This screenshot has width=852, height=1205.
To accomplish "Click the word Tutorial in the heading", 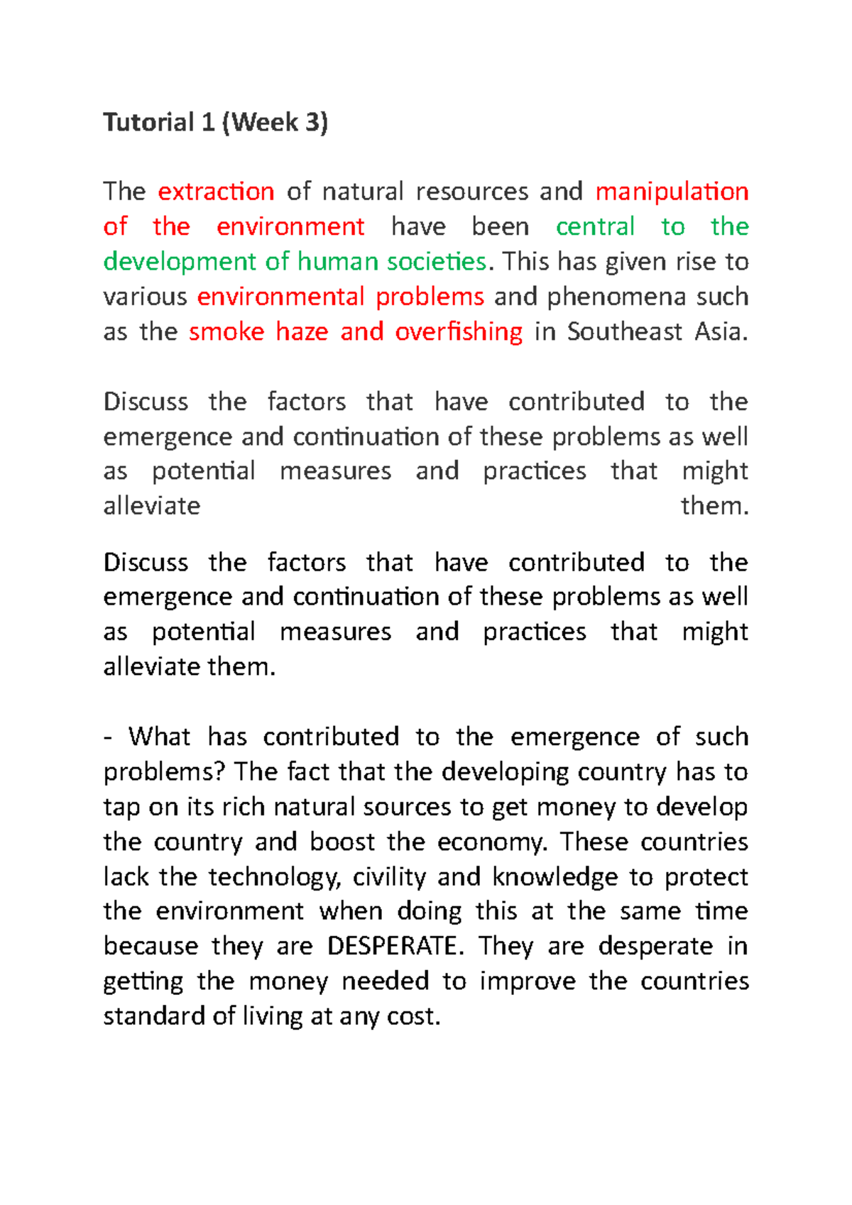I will (x=148, y=123).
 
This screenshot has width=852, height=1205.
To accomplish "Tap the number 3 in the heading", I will (x=312, y=123).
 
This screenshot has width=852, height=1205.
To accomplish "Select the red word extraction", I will (x=216, y=192).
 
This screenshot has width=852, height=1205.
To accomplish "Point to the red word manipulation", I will (x=672, y=192).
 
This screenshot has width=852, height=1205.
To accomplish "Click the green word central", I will (x=595, y=227).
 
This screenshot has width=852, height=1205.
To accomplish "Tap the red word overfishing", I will (x=459, y=332).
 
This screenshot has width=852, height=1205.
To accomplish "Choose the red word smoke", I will (x=226, y=332).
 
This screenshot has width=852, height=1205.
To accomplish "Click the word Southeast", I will (x=625, y=332).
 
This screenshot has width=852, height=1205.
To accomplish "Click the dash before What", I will (x=108, y=737).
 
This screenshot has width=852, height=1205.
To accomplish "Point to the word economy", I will (x=492, y=842).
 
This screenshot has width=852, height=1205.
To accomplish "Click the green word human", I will (x=338, y=262).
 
